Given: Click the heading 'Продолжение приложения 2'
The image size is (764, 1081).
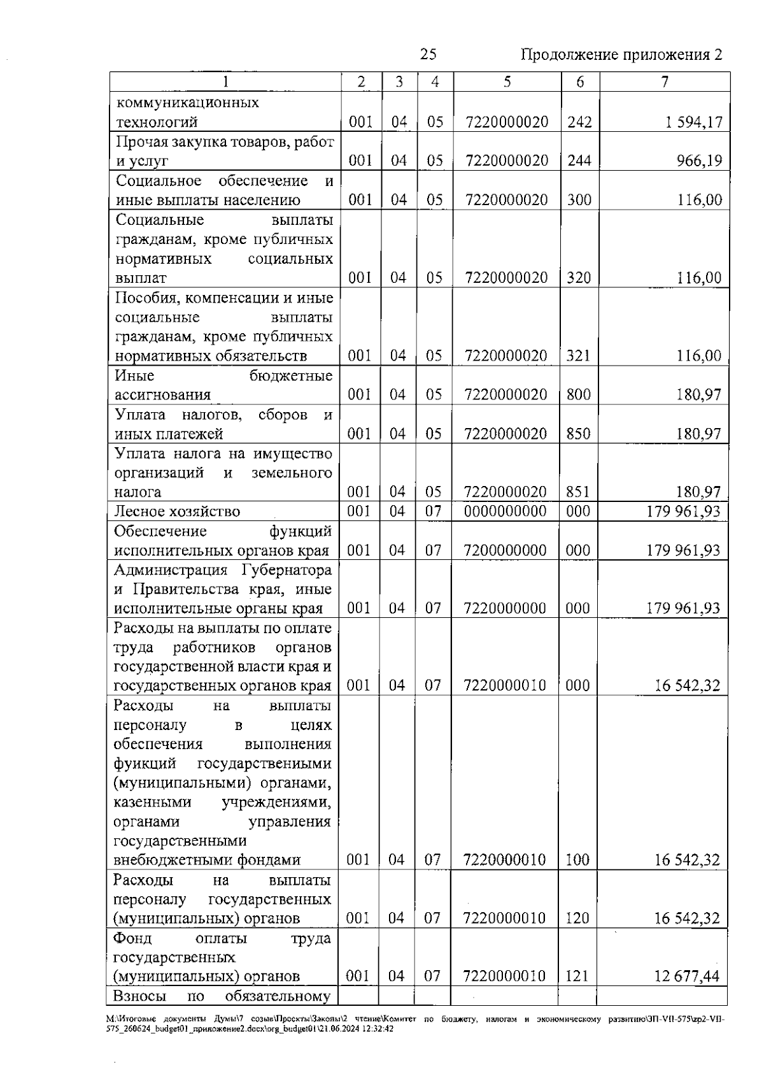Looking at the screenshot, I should click(x=621, y=55).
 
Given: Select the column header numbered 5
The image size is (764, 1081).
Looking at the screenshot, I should click(x=507, y=82).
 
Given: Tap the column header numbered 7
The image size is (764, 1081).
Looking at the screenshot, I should click(x=664, y=82).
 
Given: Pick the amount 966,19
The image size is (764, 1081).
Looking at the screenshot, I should click(x=699, y=161).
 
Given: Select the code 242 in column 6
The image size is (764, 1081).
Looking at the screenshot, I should click(x=579, y=122).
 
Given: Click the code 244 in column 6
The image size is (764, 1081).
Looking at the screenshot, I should click(x=579, y=161).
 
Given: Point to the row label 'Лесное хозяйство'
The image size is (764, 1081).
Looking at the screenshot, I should click(x=177, y=512).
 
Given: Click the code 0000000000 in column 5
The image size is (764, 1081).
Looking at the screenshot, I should click(x=506, y=512).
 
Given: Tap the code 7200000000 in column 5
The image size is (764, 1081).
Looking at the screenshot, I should click(x=506, y=550).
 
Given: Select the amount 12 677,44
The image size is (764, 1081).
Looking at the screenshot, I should click(x=687, y=977).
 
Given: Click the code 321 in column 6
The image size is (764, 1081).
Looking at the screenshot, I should click(x=579, y=355).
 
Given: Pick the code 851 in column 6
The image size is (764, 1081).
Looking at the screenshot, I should click(x=578, y=492).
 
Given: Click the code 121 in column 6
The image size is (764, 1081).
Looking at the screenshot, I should click(x=577, y=977).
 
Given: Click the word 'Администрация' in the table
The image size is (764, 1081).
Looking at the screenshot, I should click(x=170, y=569).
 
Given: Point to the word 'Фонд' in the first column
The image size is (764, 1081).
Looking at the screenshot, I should click(x=132, y=938).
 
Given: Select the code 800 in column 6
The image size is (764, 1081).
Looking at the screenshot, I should click(x=579, y=395).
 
